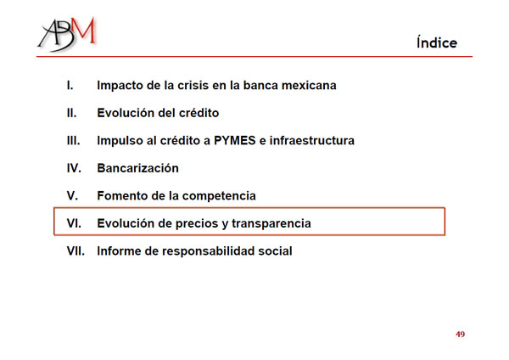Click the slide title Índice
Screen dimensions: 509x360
437,42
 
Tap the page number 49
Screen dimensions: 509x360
460,334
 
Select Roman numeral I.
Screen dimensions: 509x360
70,86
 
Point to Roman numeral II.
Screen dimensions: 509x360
72,113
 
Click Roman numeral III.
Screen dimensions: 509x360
73,141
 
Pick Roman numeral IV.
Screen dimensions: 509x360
74,168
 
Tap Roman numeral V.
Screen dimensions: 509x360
72,196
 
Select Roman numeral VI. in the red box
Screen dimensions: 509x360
74,223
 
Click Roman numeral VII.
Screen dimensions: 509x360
76,251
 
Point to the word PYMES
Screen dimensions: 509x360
235,141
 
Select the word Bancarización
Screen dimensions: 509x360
138,168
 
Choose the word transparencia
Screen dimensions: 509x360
271,224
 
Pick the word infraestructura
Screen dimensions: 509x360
312,141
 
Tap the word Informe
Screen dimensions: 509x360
119,251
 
